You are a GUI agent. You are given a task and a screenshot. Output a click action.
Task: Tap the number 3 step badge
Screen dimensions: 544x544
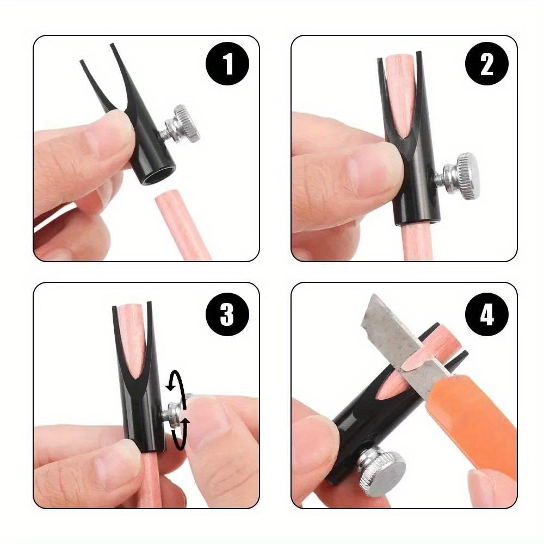coord(227,314)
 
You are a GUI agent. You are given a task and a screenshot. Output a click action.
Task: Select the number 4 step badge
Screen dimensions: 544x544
coord(486,314)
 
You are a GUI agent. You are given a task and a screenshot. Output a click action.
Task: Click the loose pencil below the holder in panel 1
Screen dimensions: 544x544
coord(182,228)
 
